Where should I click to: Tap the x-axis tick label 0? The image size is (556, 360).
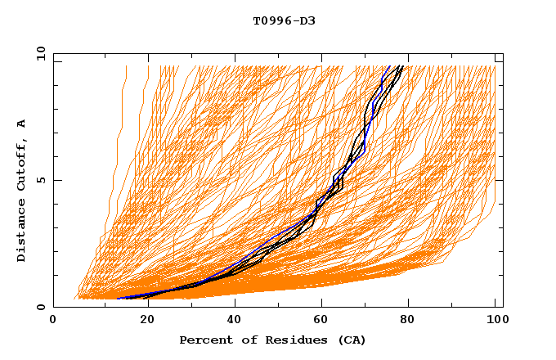click(x=54, y=322)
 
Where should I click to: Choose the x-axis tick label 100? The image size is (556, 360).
click(x=496, y=322)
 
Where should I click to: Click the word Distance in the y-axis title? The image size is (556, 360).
click(x=21, y=233)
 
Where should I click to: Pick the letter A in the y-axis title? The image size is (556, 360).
click(x=21, y=124)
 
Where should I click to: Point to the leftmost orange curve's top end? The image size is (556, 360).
click(x=126, y=66)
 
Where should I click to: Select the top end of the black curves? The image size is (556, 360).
click(x=401, y=66)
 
